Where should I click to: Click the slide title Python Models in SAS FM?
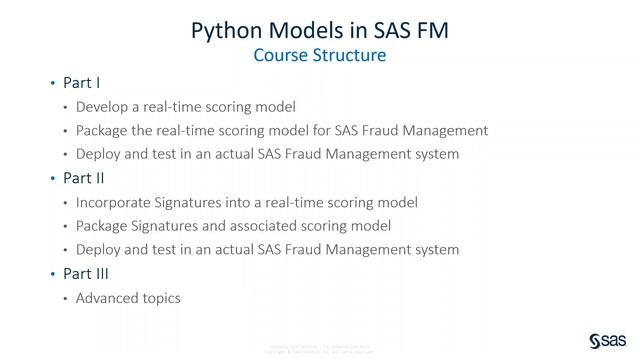[x=320, y=30]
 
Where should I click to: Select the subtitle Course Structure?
[x=320, y=56]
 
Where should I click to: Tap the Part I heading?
[x=81, y=83]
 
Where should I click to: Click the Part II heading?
[x=84, y=178]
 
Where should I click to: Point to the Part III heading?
[x=86, y=273]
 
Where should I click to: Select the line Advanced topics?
[x=128, y=297]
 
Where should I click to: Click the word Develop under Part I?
[x=103, y=107]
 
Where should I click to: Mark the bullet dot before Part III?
[x=53, y=274]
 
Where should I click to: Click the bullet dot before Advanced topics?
[x=66, y=298]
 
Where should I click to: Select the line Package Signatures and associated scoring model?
[x=233, y=226]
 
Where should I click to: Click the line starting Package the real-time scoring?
[x=282, y=131]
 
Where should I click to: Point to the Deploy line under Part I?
[x=267, y=154]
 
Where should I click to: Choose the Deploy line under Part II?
[x=267, y=249]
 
